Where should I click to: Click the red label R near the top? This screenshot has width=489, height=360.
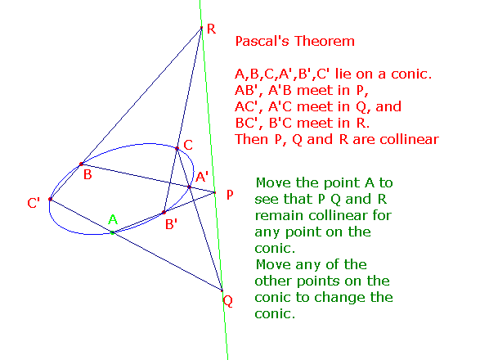tap(211, 29)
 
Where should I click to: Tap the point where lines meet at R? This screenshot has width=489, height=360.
tap(201, 28)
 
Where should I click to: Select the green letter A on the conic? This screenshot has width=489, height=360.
tap(113, 219)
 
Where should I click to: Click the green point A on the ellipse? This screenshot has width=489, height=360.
tap(113, 232)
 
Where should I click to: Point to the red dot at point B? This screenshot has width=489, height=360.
tap(81, 164)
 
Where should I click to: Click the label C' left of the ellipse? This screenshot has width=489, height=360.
tap(34, 203)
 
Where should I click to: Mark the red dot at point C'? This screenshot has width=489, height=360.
tap(50, 199)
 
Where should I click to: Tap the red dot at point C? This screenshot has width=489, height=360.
tap(177, 148)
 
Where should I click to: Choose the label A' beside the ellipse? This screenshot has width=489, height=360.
tap(202, 177)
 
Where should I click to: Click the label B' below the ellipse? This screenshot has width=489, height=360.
tap(171, 224)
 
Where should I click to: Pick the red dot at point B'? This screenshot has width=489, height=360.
tap(164, 213)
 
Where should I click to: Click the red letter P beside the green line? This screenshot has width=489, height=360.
tap(230, 195)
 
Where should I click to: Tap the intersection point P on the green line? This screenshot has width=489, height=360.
tap(215, 192)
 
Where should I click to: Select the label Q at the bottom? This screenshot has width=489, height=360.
tap(228, 301)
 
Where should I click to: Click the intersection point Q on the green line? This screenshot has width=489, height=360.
tap(222, 290)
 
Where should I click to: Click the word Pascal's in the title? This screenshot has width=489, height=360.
tap(262, 41)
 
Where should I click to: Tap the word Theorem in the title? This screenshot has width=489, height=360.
tap(325, 41)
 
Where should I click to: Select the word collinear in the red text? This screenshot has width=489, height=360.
tap(409, 139)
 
